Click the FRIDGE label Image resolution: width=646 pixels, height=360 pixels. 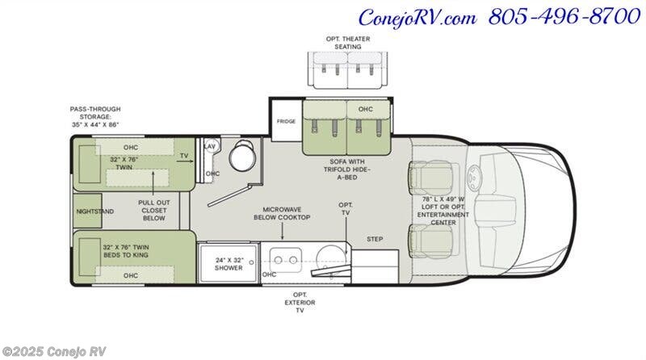point(286,122)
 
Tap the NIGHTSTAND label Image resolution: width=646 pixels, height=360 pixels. point(95,211)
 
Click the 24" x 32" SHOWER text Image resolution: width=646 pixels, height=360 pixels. point(229,264)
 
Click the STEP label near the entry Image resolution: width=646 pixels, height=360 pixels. point(375,239)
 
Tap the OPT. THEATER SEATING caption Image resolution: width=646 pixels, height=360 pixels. point(348,43)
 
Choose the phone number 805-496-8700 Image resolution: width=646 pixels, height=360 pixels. point(564,17)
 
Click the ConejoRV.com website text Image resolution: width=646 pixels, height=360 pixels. point(417,18)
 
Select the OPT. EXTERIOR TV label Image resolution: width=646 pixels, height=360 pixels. point(300,303)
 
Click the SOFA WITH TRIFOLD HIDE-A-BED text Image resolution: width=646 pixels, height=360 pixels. point(346,170)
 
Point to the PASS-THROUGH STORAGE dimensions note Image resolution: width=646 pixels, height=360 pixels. point(95,116)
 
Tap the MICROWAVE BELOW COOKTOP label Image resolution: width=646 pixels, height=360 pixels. point(282,213)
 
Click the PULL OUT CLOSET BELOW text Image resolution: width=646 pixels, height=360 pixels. point(154,210)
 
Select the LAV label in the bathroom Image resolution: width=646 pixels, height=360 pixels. point(210,146)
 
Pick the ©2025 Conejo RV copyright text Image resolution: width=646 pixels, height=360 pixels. point(54,351)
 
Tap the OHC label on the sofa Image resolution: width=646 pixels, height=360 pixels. point(366,109)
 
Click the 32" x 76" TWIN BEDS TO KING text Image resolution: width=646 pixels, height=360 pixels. point(126,251)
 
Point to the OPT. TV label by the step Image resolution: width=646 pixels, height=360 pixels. point(346,209)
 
